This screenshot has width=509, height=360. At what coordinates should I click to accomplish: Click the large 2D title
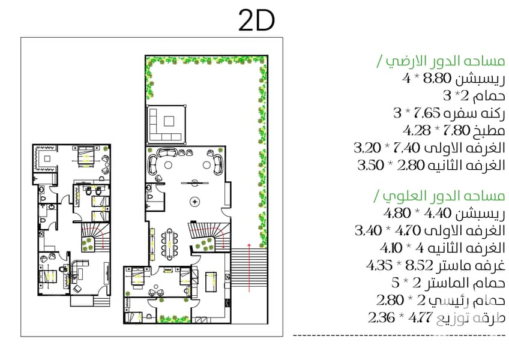[256, 20]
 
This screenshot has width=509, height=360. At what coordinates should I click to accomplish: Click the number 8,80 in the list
[438, 78]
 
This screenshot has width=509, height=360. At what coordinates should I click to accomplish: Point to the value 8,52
[420, 266]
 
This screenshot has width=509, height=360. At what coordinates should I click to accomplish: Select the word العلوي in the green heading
[399, 196]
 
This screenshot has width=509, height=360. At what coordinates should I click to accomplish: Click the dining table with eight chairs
[169, 244]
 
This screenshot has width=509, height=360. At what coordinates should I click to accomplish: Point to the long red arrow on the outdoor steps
[249, 267]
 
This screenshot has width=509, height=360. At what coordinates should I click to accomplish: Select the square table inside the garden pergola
[169, 121]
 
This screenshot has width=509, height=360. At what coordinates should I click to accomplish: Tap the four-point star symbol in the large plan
[194, 202]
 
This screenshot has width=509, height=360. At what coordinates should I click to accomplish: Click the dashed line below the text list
[399, 335]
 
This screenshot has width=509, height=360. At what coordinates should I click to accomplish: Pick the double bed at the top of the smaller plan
[86, 157]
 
